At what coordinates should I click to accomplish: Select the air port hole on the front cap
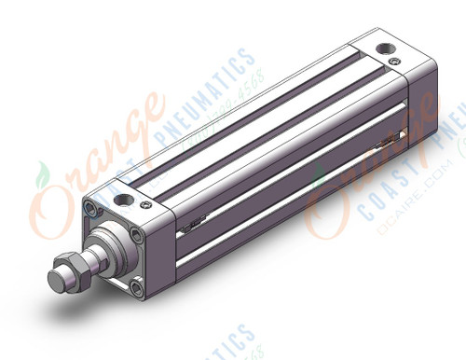[x=123, y=198]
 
